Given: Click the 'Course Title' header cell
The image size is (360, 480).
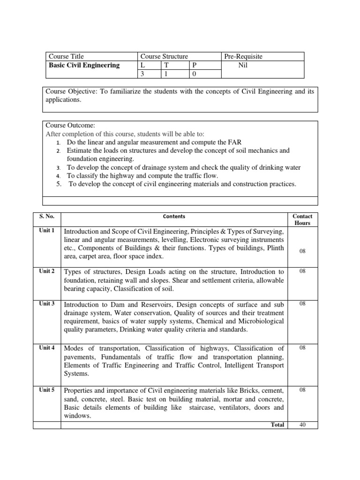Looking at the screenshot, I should pyautogui.click(x=66, y=56).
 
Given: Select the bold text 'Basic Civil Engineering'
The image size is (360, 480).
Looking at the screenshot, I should pyautogui.click(x=84, y=65).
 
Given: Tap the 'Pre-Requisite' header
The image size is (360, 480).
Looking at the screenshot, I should pyautogui.click(x=243, y=56).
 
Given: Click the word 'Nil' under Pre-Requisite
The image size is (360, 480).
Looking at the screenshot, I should pyautogui.click(x=242, y=65).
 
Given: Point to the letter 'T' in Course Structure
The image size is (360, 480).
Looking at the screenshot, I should pyautogui.click(x=165, y=65).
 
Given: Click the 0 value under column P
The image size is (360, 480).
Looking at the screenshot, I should pyautogui.click(x=192, y=74).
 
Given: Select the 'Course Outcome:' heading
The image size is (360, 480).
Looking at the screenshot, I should pyautogui.click(x=70, y=125).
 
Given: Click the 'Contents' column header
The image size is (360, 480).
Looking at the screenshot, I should pyautogui.click(x=174, y=217).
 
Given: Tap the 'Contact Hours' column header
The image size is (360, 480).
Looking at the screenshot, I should pyautogui.click(x=302, y=219).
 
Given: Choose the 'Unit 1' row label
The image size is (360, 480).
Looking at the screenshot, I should pyautogui.click(x=47, y=231).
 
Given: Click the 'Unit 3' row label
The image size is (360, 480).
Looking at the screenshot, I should pyautogui.click(x=47, y=304).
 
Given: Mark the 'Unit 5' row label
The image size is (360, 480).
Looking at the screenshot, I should pyautogui.click(x=47, y=389).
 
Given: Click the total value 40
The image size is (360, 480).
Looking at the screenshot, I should pyautogui.click(x=302, y=425).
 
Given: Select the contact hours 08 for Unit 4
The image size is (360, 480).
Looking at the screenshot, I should pyautogui.click(x=302, y=347).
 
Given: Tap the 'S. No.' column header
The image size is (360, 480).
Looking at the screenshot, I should pyautogui.click(x=47, y=217).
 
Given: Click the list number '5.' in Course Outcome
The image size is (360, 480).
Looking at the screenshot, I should pyautogui.click(x=60, y=184).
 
